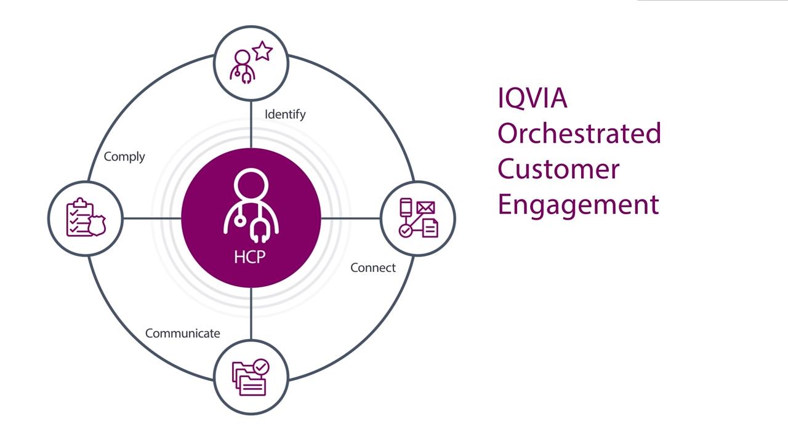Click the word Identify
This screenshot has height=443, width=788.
(285, 114)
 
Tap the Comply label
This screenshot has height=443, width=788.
(124, 157)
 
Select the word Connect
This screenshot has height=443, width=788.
(373, 268)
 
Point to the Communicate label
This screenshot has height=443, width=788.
(183, 333)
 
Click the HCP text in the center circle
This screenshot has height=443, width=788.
(250, 257)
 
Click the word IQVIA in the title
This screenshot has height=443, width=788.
(533, 98)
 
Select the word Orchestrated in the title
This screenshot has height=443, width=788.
(579, 133)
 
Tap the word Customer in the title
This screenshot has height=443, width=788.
(558, 169)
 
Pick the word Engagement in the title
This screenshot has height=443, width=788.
(578, 206)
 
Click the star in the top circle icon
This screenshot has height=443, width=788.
(262, 51)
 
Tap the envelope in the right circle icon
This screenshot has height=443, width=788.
(425, 208)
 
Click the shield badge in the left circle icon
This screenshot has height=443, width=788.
(97, 225)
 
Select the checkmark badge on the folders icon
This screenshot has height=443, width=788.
(260, 367)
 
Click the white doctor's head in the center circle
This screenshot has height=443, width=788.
(251, 185)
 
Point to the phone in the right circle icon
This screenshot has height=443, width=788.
(406, 207)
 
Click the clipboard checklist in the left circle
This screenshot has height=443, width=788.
(79, 218)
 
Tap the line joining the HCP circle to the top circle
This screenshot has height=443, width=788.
(251, 124)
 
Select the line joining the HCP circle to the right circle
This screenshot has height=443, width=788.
(351, 218)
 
